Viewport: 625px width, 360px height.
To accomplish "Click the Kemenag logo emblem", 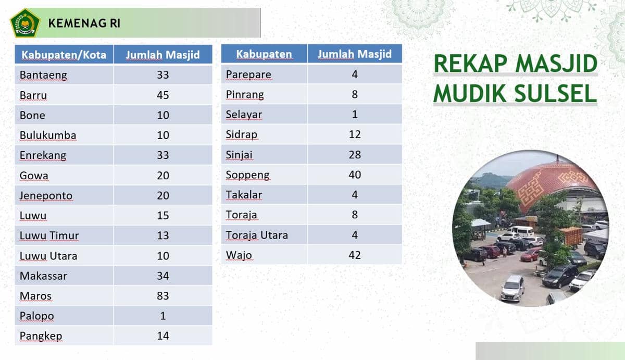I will (x=24, y=23).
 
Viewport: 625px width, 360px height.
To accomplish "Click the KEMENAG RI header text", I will (x=84, y=23).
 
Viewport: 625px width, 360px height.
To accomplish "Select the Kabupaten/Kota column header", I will (x=64, y=55).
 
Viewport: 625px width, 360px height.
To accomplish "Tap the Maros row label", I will (x=35, y=296).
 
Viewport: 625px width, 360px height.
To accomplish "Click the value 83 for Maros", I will (x=163, y=296).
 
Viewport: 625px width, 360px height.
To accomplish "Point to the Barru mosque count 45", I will (x=163, y=95).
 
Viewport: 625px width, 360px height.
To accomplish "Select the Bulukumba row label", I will (x=48, y=135).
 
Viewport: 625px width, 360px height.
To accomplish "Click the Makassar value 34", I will (x=163, y=276).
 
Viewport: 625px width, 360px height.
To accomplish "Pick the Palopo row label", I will (x=36, y=316).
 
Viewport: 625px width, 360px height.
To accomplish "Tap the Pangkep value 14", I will (x=163, y=336).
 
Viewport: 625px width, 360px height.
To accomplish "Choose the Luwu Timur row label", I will (x=49, y=235).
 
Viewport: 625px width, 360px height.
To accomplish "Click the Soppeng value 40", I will (x=355, y=175).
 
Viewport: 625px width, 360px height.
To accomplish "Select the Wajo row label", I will (x=239, y=255).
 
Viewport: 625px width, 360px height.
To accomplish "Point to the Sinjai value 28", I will (x=355, y=155).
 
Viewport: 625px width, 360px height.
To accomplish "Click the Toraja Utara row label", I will (x=257, y=235).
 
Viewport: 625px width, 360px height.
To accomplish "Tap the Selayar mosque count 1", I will (x=355, y=115).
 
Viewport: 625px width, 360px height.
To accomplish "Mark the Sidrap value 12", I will (x=355, y=134).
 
